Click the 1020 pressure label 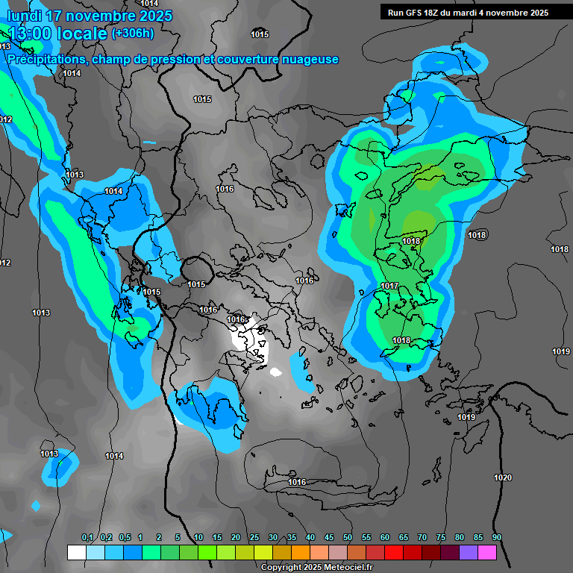[503, 477]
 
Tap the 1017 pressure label [389, 286]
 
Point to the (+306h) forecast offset [133, 33]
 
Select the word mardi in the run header [471, 13]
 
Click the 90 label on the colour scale [497, 538]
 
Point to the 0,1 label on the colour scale [87, 538]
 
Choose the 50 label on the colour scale [348, 538]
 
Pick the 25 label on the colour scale [254, 538]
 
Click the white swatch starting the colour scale [76, 552]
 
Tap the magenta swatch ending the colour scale [487, 552]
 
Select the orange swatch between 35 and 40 [301, 552]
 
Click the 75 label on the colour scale [441, 538]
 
